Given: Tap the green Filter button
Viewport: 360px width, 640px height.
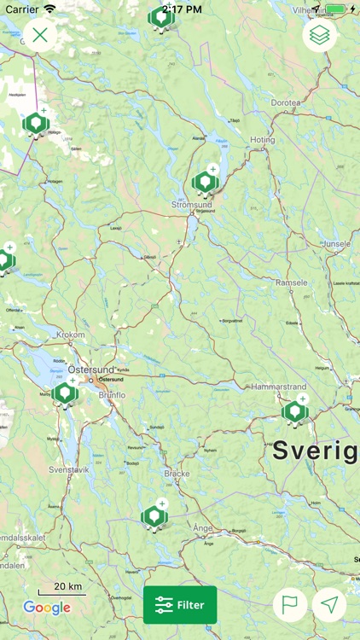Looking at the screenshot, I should (180, 605).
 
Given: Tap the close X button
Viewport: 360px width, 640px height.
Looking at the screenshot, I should (40, 35).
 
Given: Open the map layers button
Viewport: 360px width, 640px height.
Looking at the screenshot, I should (320, 35).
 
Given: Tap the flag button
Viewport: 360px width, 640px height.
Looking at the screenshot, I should (290, 605).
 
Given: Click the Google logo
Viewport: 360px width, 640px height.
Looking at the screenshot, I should (47, 608).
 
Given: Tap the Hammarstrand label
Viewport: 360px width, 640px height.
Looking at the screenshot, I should (279, 387).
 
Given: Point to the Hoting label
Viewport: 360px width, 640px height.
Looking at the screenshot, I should (263, 139).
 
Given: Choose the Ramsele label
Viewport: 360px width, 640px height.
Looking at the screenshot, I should (291, 282).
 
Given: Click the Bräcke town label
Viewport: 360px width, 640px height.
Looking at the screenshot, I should (177, 472).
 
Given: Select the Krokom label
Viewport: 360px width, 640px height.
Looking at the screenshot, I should (71, 335).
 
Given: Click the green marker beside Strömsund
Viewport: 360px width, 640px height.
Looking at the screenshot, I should (204, 182).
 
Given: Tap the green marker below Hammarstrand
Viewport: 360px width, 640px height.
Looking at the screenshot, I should (294, 412).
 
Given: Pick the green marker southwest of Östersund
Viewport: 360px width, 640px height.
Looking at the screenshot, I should (65, 393).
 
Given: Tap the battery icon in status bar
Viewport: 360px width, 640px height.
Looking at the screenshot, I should (335, 9).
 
